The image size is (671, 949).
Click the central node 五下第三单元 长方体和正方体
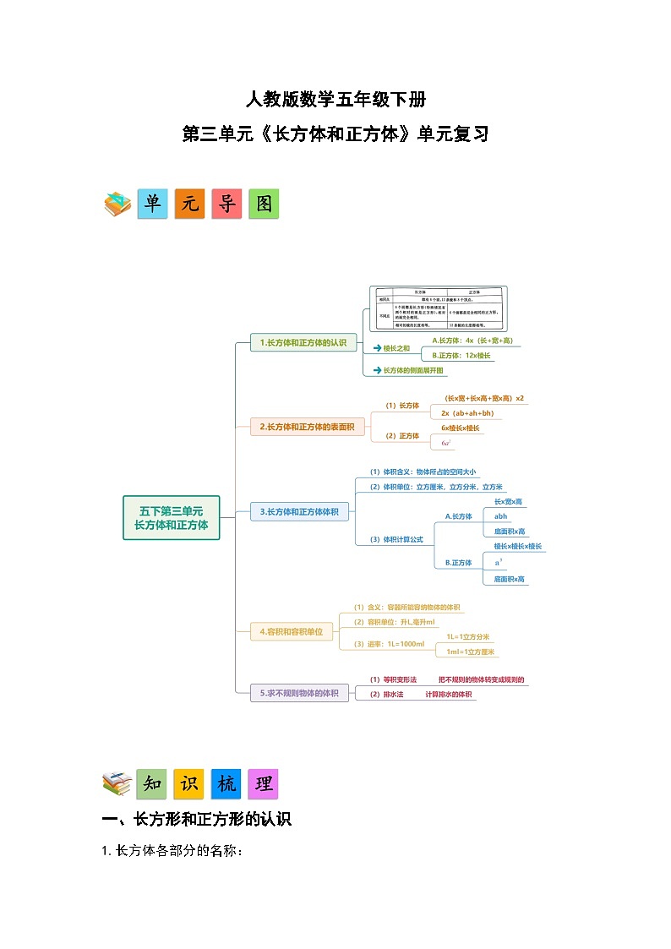pos(171,517)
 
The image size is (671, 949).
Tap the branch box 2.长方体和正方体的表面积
pos(307,427)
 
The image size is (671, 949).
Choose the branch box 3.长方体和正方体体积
pos(299,511)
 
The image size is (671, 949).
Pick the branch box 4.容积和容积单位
pos(291,630)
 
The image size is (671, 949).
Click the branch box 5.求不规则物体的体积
pos(299,693)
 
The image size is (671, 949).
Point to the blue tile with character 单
pos(152,204)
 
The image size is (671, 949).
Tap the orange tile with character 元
pos(189,204)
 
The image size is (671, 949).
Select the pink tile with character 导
pos(226,204)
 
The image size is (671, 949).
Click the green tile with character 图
pos(264,204)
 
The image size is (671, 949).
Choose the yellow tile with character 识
pos(188,783)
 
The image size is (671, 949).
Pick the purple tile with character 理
pos(263,783)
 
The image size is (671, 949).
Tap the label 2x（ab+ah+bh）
pos(467,413)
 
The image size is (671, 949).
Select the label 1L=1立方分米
pos(468,636)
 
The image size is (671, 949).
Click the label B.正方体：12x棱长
pos(461,356)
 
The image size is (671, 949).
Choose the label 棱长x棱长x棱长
pos(518,546)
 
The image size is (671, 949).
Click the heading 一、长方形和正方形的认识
pos(196,818)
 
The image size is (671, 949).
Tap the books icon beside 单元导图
pos(117,204)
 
